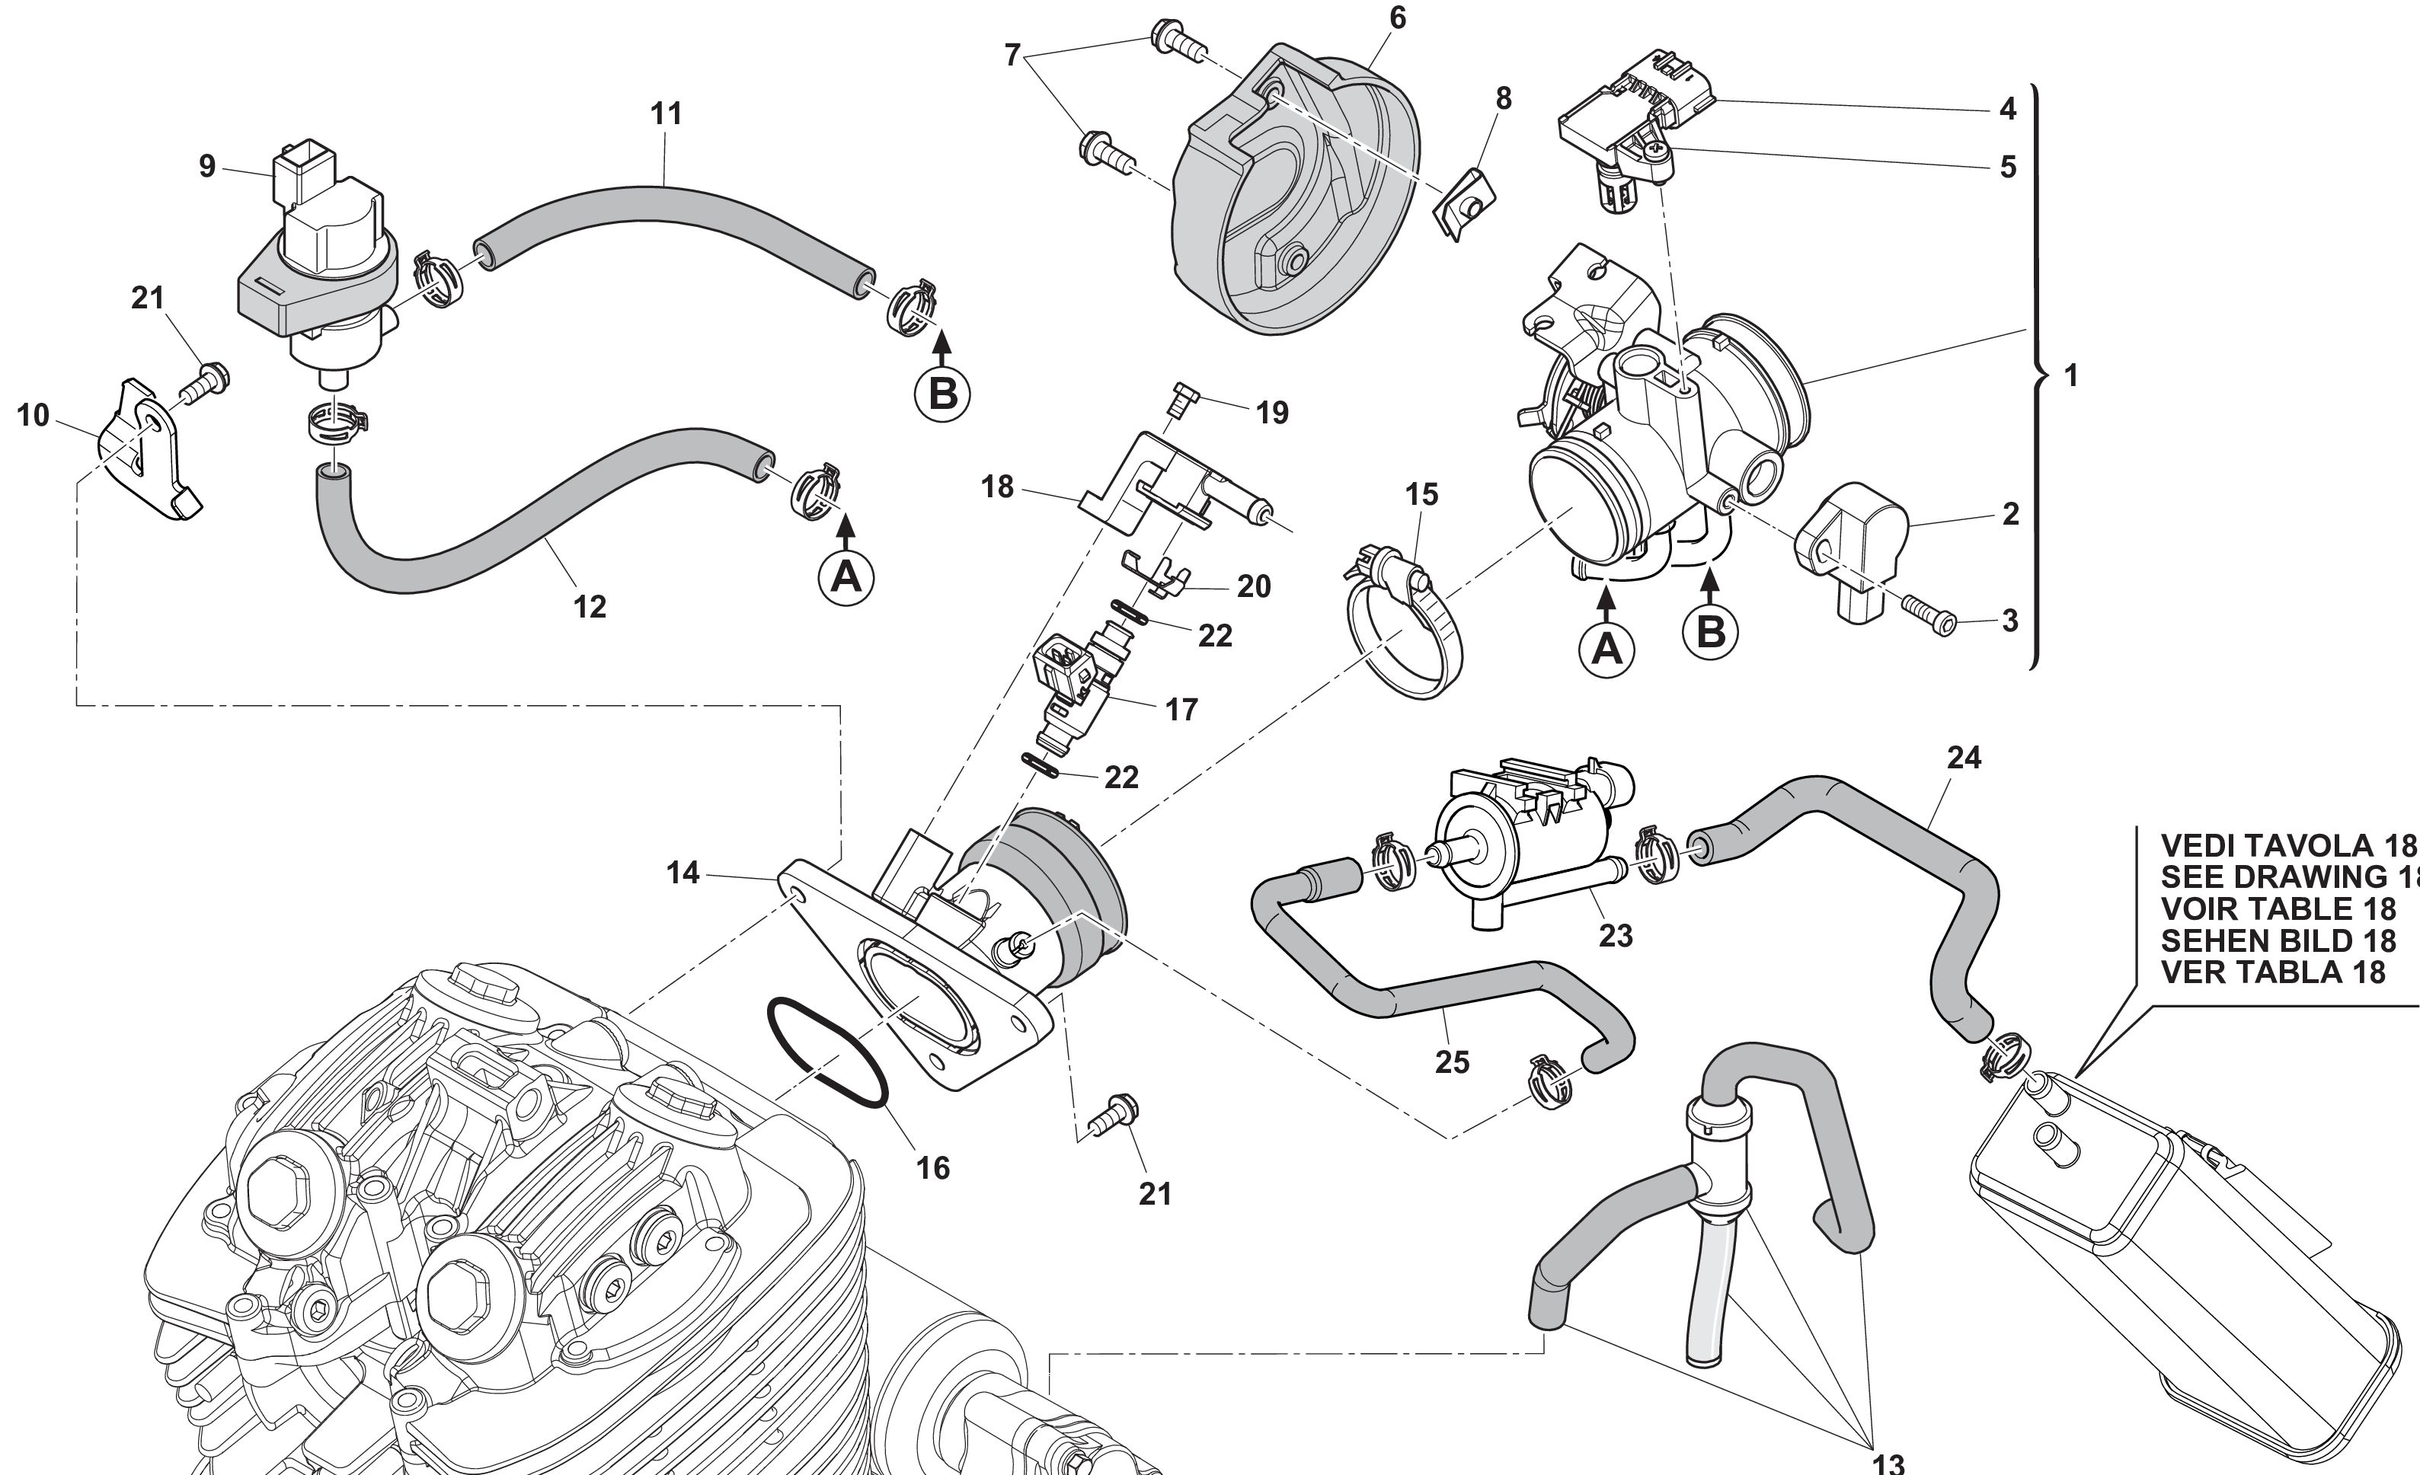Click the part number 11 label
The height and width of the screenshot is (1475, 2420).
pos(666,114)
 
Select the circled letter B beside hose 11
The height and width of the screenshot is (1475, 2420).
pos(942,394)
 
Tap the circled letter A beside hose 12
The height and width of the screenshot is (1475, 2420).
pos(846,576)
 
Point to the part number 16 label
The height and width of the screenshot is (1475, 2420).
pos(933,1167)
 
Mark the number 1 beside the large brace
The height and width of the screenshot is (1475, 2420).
pos(2070,375)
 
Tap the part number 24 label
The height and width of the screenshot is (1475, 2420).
pos(1963,757)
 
